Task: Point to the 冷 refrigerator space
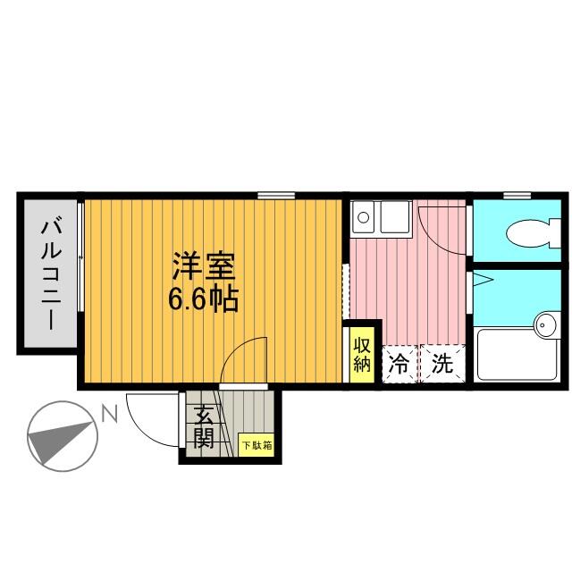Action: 400,364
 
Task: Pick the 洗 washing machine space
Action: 442,364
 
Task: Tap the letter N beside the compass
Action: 109,413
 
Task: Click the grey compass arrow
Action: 61,438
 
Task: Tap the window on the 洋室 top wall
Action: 277,195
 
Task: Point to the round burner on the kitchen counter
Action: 363,215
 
